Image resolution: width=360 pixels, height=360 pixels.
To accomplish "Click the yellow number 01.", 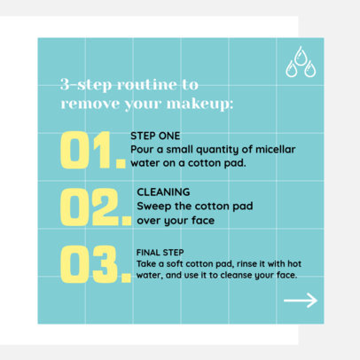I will click(x=91, y=151).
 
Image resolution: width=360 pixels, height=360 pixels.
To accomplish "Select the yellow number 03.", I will click(x=92, y=263).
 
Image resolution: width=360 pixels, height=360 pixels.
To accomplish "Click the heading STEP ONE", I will click(x=154, y=137).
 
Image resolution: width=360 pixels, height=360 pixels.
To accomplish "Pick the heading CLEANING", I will click(x=163, y=192).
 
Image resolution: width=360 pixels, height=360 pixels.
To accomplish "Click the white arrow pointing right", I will click(x=300, y=301).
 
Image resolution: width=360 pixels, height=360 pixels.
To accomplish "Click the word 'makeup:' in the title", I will click(x=203, y=103).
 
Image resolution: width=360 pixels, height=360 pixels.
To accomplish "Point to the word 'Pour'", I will click(x=142, y=150).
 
